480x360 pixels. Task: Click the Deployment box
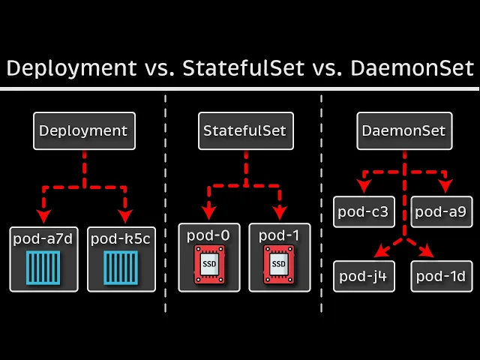point(83,130)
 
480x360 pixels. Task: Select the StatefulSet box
point(244,130)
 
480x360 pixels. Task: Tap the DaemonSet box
point(403,130)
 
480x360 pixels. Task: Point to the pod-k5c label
point(121,238)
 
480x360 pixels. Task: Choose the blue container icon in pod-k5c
point(121,267)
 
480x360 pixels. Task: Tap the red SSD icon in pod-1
point(279,264)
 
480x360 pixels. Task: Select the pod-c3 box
point(363,211)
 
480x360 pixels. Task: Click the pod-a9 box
point(441,211)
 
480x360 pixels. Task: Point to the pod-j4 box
point(363,276)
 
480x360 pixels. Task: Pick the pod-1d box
point(441,276)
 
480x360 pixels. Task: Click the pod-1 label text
point(279,235)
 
